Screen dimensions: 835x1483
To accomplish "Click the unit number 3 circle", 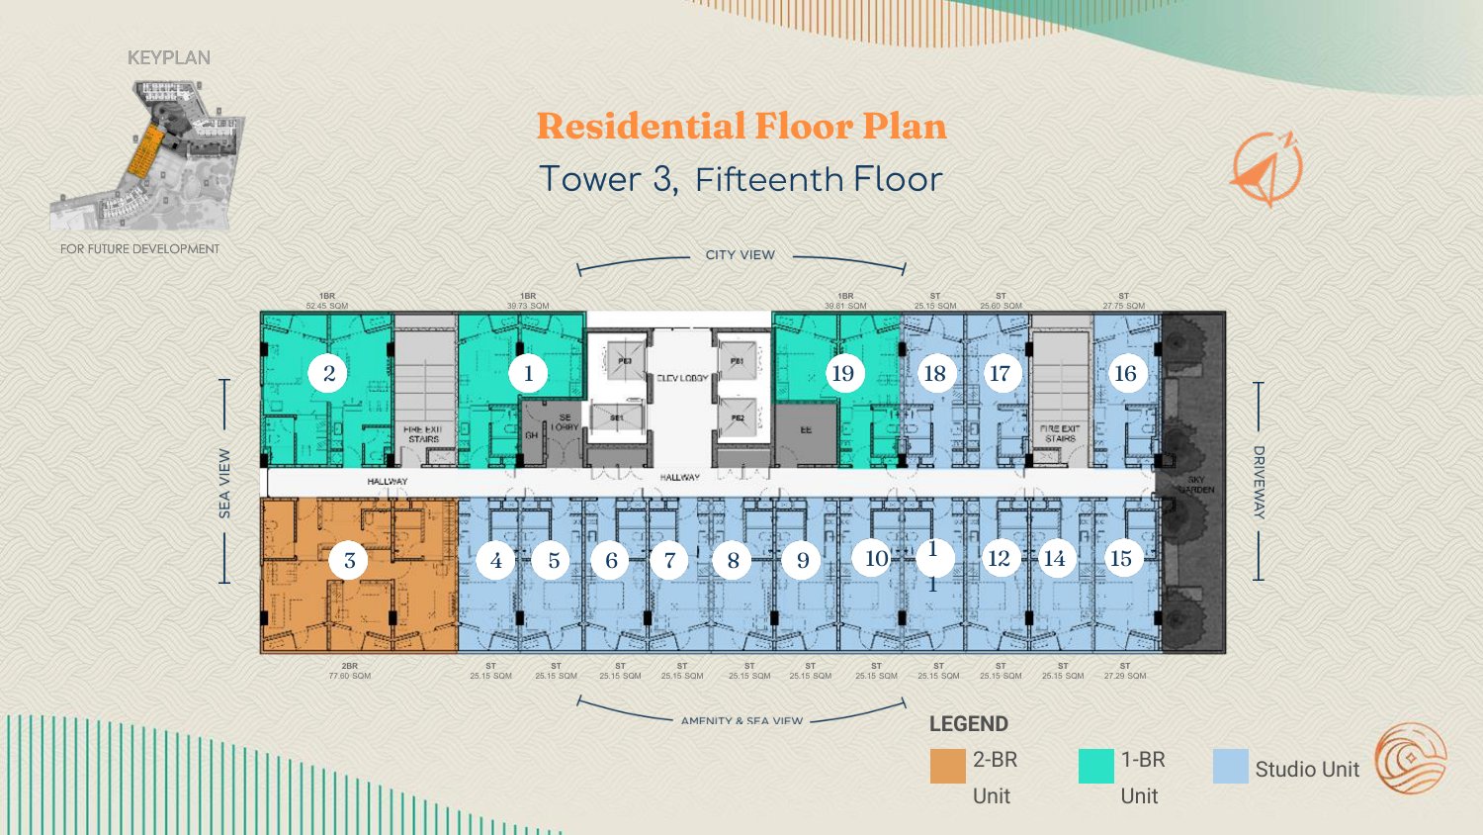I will [x=349, y=561].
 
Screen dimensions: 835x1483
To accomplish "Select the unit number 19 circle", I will [x=842, y=374].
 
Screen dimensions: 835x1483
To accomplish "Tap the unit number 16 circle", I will [x=1125, y=374].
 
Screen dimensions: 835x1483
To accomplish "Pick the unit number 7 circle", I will [x=669, y=561].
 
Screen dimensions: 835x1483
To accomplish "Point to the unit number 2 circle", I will [x=328, y=374].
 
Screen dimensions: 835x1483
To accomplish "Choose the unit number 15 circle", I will [x=1120, y=559].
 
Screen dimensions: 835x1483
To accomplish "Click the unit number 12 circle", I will [x=999, y=559].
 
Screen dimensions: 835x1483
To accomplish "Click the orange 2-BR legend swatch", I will [x=947, y=766].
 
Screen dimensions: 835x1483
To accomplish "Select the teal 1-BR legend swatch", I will [x=1095, y=766].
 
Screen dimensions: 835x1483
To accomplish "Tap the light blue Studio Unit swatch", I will [x=1231, y=766].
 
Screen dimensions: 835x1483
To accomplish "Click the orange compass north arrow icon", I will [x=1266, y=169].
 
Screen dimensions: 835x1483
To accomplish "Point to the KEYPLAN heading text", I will [x=169, y=58].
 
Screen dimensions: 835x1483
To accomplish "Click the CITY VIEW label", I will [x=741, y=255].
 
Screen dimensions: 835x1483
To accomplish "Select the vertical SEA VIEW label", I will [x=224, y=484].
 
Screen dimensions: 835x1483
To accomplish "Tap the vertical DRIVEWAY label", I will [x=1259, y=482].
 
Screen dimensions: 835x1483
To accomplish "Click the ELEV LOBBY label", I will [x=682, y=379].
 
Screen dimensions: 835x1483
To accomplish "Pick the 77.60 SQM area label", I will [x=350, y=677].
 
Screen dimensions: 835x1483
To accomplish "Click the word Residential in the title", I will [x=641, y=127].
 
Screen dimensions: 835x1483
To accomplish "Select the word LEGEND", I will [x=968, y=724].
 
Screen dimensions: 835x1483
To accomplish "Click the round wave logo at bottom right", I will [x=1411, y=759].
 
